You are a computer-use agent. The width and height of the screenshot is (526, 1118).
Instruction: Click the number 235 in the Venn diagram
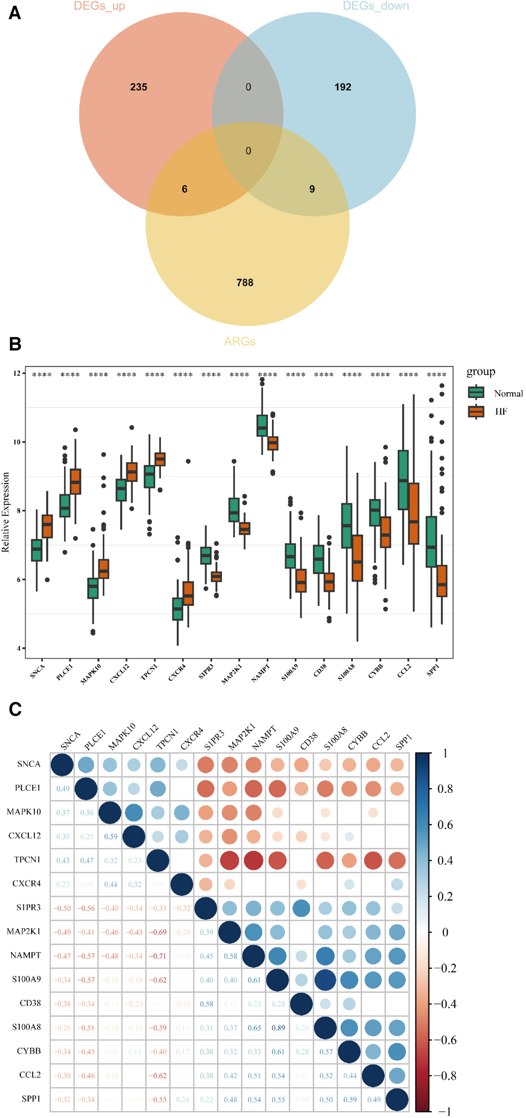(139, 87)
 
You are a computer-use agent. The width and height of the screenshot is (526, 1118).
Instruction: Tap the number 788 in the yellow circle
(245, 283)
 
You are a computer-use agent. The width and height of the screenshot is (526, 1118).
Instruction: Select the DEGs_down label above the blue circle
(376, 6)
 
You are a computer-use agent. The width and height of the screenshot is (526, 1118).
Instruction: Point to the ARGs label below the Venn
(240, 342)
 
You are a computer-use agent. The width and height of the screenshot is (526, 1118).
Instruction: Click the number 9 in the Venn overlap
(312, 189)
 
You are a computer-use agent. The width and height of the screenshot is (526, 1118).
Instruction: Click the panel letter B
(15, 344)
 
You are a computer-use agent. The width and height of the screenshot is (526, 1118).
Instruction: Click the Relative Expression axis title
(6, 512)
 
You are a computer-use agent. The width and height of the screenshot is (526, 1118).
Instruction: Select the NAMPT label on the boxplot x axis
(261, 673)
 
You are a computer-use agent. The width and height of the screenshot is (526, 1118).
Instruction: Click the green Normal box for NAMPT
(262, 425)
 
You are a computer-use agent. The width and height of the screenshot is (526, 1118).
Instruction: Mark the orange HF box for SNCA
(47, 526)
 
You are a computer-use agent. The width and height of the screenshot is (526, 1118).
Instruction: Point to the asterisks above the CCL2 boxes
(408, 375)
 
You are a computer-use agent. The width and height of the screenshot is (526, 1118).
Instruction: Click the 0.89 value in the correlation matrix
(278, 1028)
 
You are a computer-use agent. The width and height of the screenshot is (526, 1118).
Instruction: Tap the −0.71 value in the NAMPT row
(158, 956)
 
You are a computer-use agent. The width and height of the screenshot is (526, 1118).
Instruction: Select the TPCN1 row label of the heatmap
(27, 860)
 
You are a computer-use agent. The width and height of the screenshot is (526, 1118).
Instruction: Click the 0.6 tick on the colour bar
(445, 825)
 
